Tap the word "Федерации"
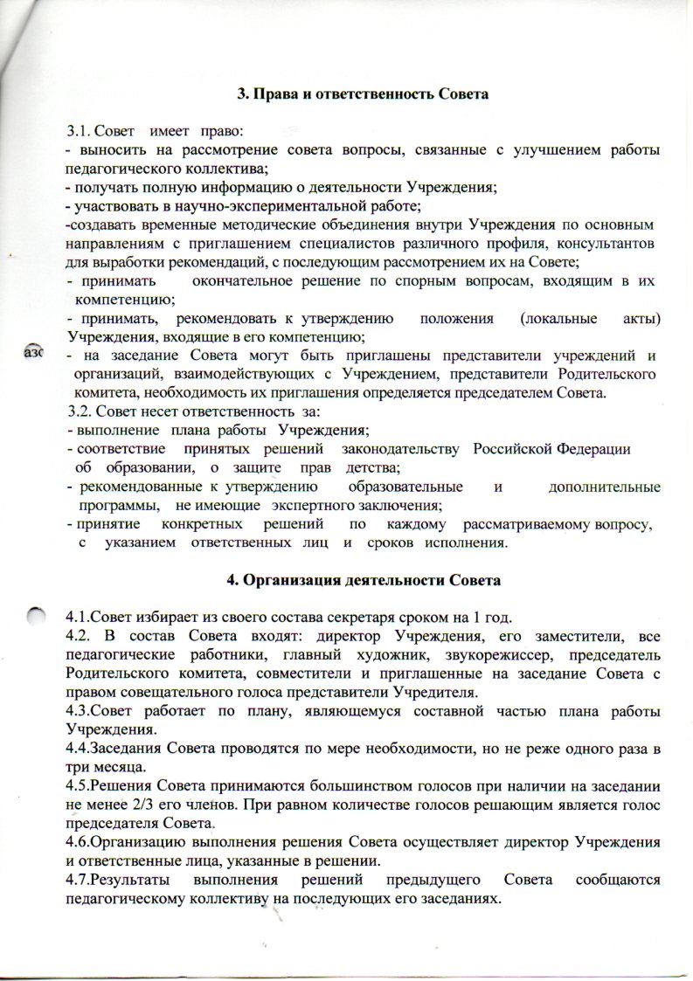(x=592, y=449)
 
